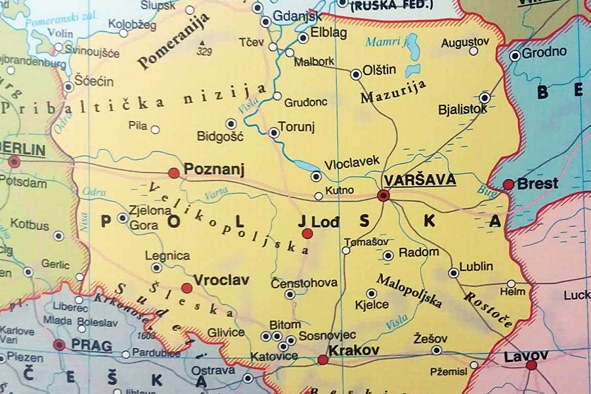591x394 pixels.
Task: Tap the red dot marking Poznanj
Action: click(x=174, y=173)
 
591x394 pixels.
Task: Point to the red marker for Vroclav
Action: click(x=187, y=288)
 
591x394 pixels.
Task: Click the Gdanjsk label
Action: click(x=297, y=16)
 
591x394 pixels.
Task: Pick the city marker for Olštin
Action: click(x=356, y=74)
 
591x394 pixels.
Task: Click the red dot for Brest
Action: click(x=508, y=185)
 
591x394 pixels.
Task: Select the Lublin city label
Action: click(x=476, y=267)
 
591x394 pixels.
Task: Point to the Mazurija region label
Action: click(x=393, y=92)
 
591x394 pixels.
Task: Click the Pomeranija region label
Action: click(x=173, y=41)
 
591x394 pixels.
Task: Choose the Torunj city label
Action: click(x=297, y=126)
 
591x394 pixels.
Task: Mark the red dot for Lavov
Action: click(x=531, y=365)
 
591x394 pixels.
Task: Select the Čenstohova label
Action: click(x=304, y=283)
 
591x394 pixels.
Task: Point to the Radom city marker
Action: click(x=388, y=255)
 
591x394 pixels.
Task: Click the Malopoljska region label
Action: click(x=409, y=291)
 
